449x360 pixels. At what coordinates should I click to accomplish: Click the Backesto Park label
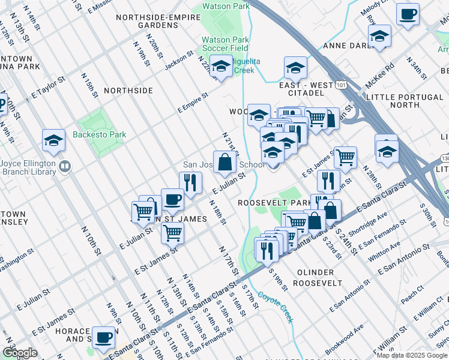(100, 135)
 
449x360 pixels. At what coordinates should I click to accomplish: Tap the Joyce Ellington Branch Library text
(28, 167)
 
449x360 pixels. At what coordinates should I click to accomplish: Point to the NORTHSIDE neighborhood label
(128, 91)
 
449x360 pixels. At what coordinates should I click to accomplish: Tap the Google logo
(19, 353)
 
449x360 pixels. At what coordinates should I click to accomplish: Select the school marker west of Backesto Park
(54, 142)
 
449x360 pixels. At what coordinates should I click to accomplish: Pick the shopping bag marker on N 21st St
(225, 162)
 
